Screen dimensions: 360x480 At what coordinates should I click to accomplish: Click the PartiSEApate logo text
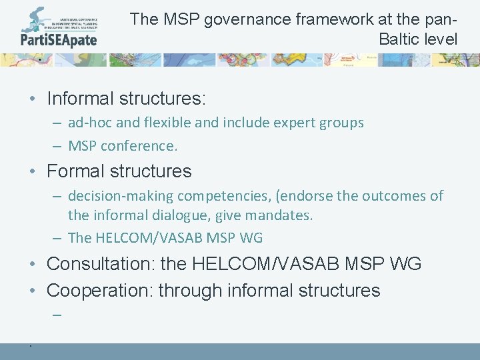(x=59, y=39)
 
